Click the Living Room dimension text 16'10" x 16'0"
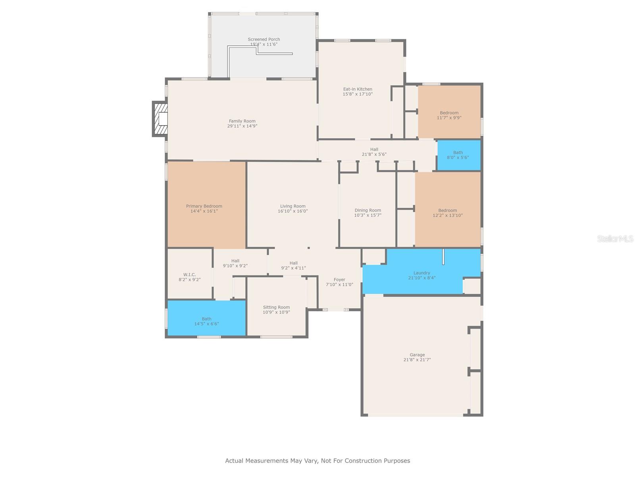(292, 211)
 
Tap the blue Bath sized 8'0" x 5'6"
(459, 155)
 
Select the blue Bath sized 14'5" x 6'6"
(206, 318)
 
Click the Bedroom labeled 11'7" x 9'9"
(449, 112)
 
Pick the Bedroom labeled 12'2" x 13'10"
(448, 210)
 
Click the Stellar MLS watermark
(615, 238)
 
